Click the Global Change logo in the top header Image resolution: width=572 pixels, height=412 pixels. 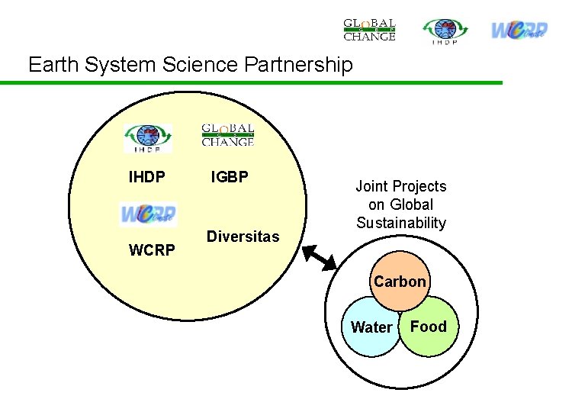[x=369, y=29]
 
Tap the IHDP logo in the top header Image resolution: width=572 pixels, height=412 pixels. [x=446, y=31]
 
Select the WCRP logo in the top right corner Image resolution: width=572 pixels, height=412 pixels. [x=519, y=30]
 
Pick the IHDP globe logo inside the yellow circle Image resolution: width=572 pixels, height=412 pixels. [x=149, y=138]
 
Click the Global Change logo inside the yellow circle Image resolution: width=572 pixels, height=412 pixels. [x=227, y=135]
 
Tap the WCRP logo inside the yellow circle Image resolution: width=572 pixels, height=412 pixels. [x=148, y=214]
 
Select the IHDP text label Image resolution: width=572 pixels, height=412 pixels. [x=146, y=178]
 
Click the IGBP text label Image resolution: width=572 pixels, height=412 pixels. [x=230, y=178]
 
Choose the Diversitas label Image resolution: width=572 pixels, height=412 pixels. [x=243, y=237]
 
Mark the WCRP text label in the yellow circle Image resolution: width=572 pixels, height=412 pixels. [x=152, y=250]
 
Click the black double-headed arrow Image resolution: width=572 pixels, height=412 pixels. [x=320, y=256]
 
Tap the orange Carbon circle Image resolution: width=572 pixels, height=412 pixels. [x=400, y=279]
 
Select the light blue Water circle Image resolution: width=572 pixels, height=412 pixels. [x=368, y=332]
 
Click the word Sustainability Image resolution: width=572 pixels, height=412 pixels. [x=401, y=223]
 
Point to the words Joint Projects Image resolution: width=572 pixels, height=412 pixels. [x=401, y=186]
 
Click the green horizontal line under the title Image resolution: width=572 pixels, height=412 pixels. [x=252, y=82]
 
